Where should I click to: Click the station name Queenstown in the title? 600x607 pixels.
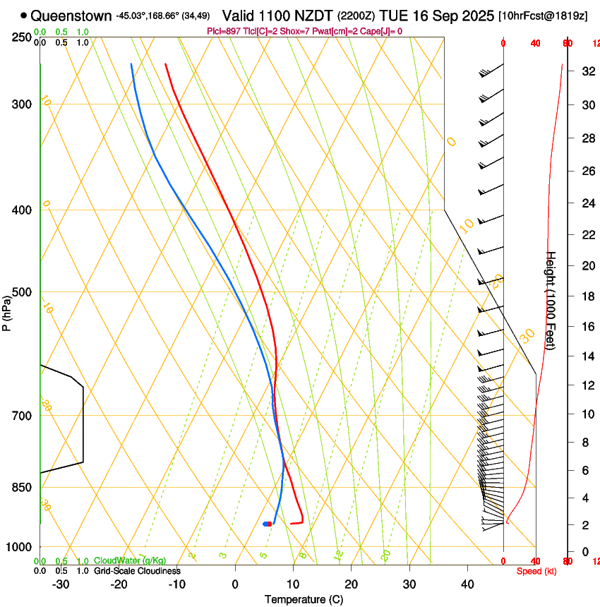coord(71,16)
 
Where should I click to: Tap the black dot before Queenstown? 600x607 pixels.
coord(24,16)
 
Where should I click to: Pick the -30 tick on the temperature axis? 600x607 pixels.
coord(61,584)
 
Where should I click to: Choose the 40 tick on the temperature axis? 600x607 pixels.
coord(467,584)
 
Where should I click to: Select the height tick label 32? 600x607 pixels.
coord(587,71)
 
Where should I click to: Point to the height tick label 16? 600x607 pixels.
coord(587,327)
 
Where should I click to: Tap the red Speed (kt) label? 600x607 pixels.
coord(536,571)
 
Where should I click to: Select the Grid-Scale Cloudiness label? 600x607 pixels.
coord(137,571)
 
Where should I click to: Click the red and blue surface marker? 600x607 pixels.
coord(267,524)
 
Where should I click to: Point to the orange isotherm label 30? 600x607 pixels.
coord(527,336)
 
